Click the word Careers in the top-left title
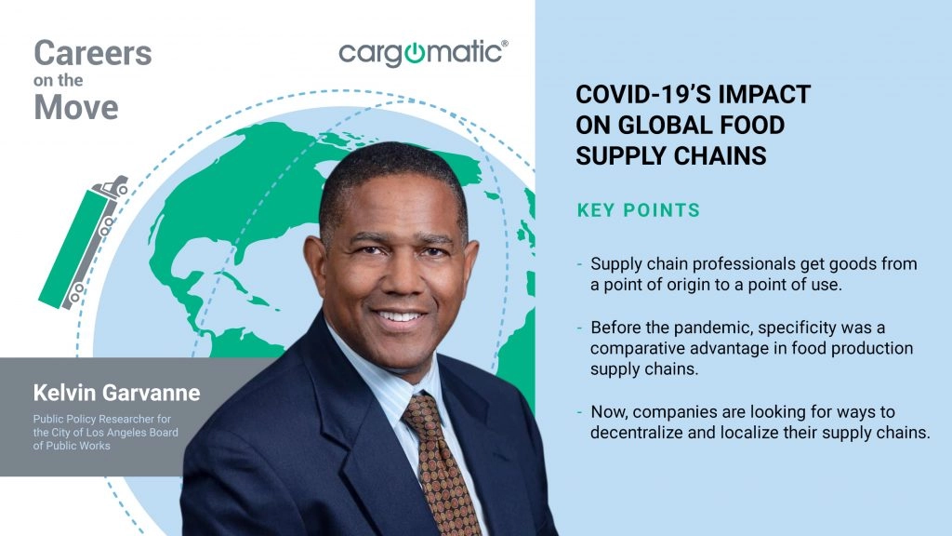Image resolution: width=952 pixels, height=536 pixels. point(93,53)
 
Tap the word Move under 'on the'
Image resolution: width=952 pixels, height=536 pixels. point(76,108)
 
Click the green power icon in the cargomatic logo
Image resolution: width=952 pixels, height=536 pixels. point(414,53)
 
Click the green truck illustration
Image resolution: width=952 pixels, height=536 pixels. point(83,243)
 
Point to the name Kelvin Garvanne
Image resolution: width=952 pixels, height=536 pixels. point(116,393)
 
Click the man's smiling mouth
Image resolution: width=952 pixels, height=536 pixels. point(399,317)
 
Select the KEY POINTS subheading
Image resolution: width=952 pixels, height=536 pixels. point(639,210)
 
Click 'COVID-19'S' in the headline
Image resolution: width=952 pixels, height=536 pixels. point(643,94)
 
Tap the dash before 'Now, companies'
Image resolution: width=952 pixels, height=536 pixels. point(580,412)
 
